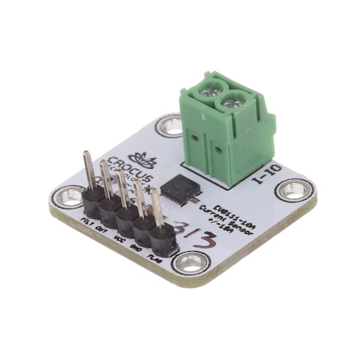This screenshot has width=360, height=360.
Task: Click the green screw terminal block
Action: pos(225,131)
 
